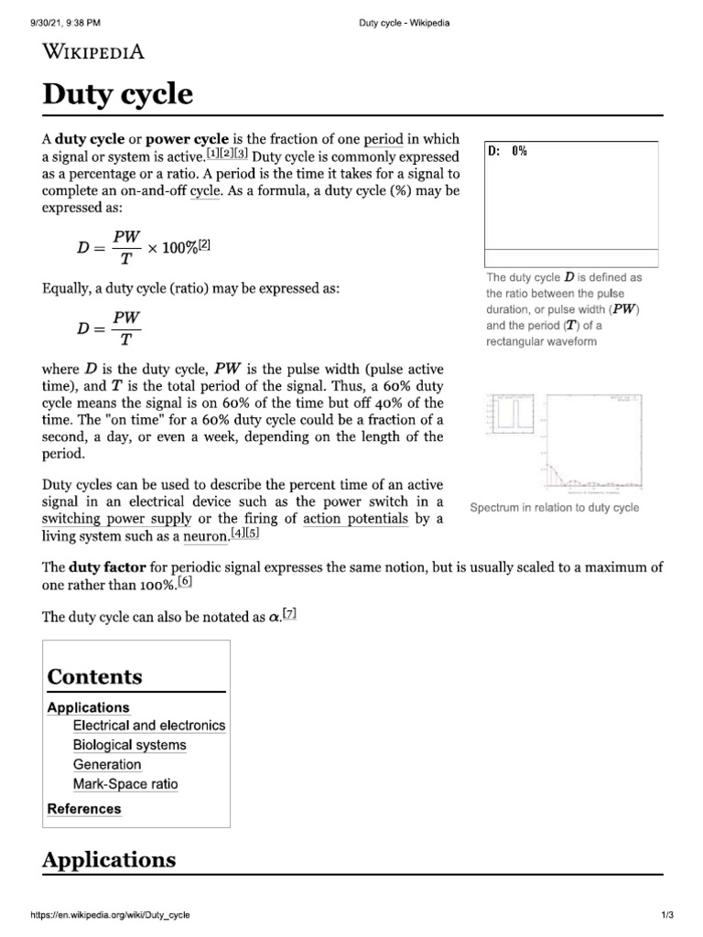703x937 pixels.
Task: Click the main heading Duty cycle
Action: [x=118, y=94]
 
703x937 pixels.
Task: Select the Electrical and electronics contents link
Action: [x=148, y=725]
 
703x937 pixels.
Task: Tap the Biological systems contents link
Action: [x=129, y=745]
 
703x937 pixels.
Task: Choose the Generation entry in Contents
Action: [x=107, y=764]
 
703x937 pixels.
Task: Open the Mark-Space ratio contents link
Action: [x=125, y=784]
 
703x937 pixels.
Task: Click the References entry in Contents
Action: [x=83, y=809]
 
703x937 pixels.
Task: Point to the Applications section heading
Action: [x=109, y=859]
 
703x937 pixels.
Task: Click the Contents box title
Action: [x=94, y=677]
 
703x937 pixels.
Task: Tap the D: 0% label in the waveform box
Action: [x=508, y=151]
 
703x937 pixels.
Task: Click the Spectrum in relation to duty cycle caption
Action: [x=554, y=508]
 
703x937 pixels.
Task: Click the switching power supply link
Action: [x=101, y=519]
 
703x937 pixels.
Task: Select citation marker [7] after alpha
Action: [x=289, y=615]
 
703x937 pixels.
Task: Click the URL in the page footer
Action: [x=111, y=915]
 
